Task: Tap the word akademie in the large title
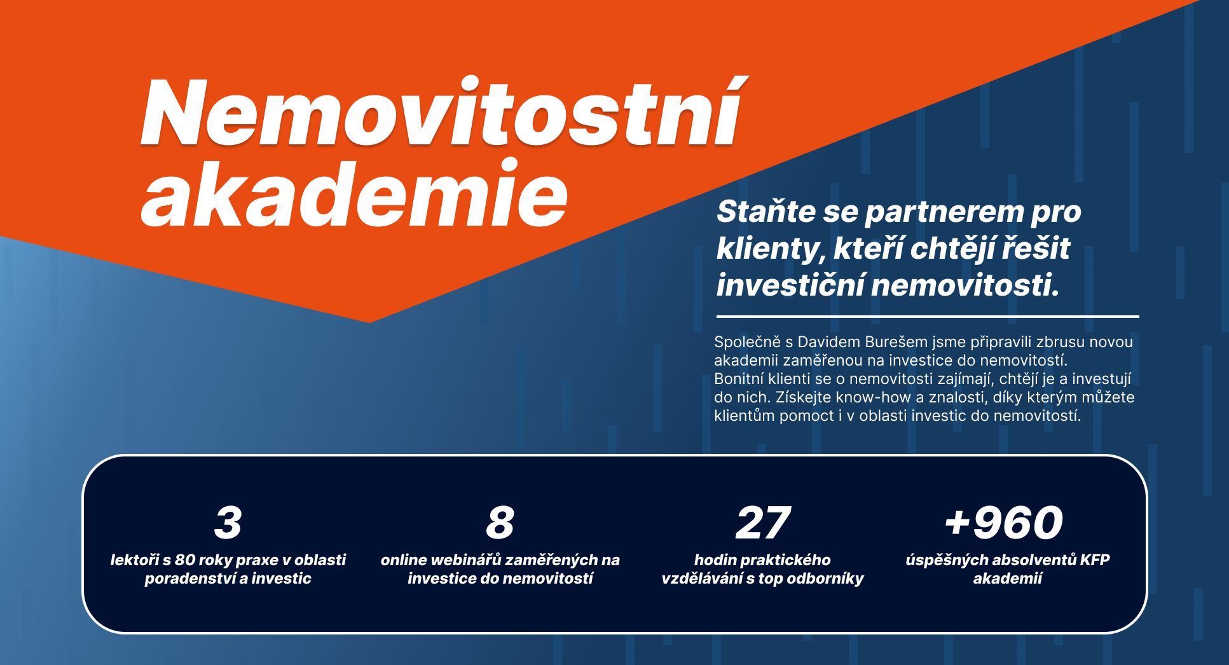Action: [354, 193]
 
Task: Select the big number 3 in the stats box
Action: [228, 523]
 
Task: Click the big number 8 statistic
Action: [500, 523]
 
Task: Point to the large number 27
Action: [763, 523]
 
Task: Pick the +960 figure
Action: [1004, 523]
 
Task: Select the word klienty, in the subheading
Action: [771, 249]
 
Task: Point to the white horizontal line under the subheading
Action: [928, 316]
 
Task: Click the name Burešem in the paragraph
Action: [896, 342]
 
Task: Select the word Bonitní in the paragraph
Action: [738, 379]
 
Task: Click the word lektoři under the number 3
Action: [134, 560]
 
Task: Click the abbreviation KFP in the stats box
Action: [1095, 560]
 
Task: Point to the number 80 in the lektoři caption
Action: [185, 560]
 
